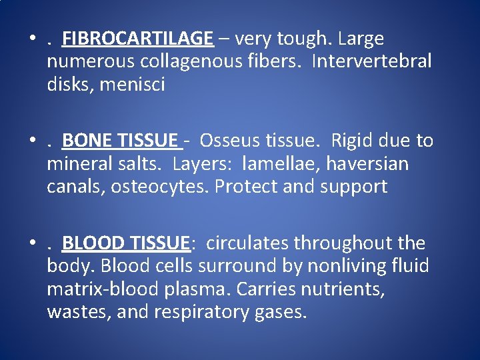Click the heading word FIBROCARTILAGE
[x=137, y=39]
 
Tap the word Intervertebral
[x=371, y=62]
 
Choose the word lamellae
[x=278, y=164]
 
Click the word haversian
[x=371, y=164]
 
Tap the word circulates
[x=247, y=243]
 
